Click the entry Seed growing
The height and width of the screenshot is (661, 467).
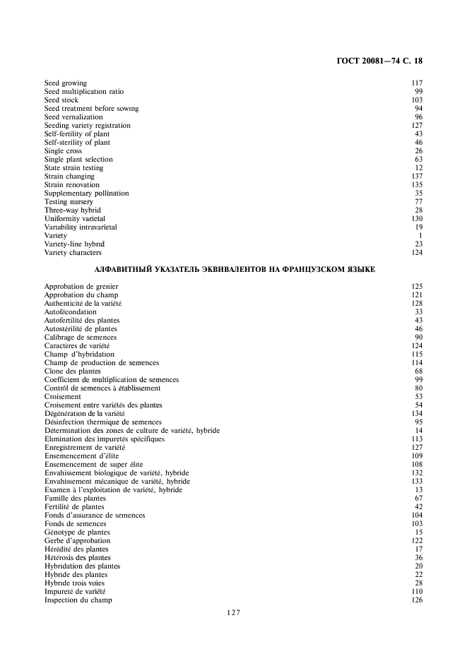click(x=65, y=83)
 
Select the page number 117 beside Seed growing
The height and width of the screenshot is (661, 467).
click(x=417, y=83)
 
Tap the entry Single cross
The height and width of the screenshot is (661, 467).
click(x=63, y=151)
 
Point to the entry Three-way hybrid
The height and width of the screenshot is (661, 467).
click(x=72, y=210)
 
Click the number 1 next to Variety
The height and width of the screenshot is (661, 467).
click(x=420, y=236)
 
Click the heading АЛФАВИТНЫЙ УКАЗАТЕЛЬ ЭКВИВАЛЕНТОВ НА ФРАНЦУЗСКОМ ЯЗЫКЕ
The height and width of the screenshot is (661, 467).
click(x=233, y=270)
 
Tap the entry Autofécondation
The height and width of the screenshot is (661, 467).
click(x=70, y=312)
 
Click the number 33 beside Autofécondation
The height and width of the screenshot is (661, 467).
click(x=418, y=312)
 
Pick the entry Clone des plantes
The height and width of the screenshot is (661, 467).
click(x=72, y=371)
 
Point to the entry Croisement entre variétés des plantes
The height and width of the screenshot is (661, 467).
click(x=103, y=405)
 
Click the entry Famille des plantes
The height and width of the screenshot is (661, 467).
click(x=75, y=499)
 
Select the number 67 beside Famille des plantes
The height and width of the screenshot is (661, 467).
click(x=418, y=499)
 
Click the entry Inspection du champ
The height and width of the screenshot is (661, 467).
click(x=78, y=600)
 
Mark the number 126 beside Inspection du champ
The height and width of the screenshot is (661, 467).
click(x=417, y=600)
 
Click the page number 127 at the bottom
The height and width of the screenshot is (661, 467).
click(x=233, y=613)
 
